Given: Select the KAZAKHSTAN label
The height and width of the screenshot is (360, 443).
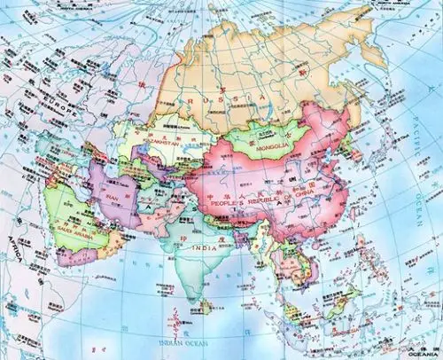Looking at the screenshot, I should [x=154, y=139].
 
